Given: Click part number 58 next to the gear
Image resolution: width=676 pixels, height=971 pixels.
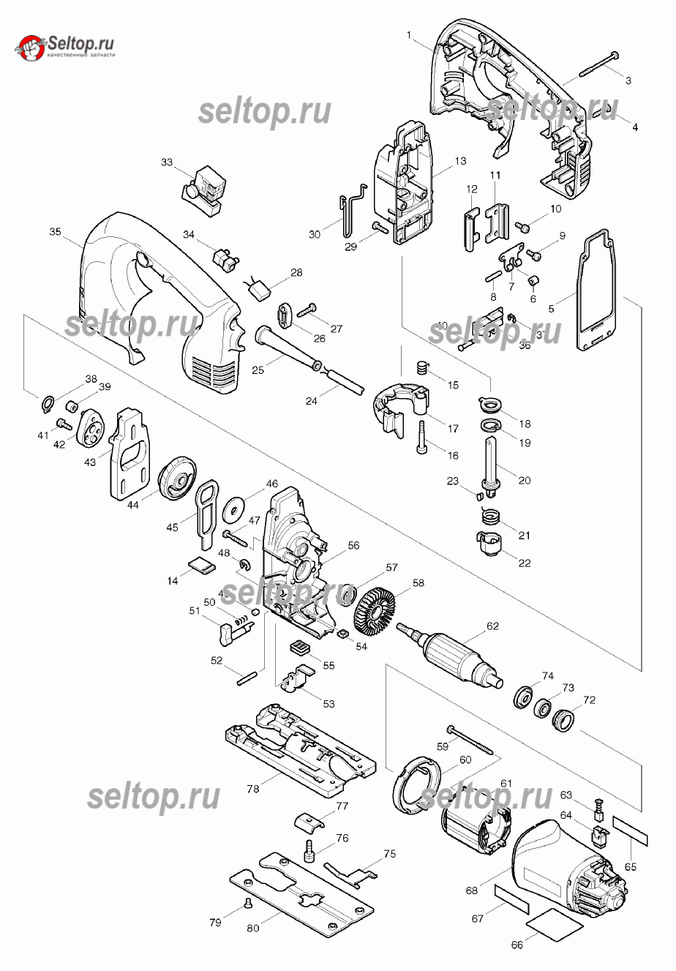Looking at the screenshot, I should tap(418, 583).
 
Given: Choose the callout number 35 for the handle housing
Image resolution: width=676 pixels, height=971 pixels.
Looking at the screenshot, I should tap(55, 232).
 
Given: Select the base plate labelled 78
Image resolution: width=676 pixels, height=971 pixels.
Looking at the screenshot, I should tap(300, 750).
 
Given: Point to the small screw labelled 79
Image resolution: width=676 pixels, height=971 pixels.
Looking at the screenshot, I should tap(248, 904).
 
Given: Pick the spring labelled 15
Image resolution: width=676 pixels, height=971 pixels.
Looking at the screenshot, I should tap(421, 366).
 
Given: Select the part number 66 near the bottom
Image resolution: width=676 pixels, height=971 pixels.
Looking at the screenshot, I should tap(517, 944).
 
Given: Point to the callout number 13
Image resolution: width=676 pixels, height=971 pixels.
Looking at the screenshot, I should tap(459, 161).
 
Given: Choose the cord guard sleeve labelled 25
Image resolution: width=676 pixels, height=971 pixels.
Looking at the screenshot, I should tap(285, 348).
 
